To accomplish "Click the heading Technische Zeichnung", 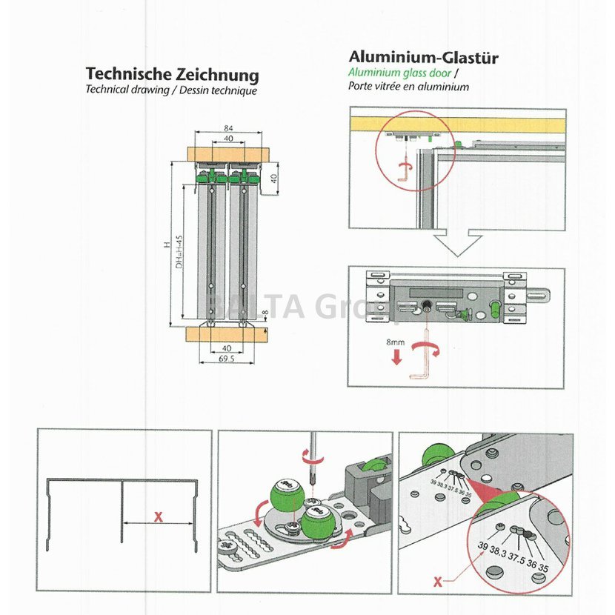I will point(172,75).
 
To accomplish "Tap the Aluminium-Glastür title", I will point(423,57).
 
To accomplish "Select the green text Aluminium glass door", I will point(401,73).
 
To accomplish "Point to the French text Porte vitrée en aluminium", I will point(409,86).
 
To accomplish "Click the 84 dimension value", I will point(228,129).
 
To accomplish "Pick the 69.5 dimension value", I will point(227,359).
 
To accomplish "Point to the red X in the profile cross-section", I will point(158,517).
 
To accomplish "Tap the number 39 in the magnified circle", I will point(483,545).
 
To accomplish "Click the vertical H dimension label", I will point(168,245).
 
